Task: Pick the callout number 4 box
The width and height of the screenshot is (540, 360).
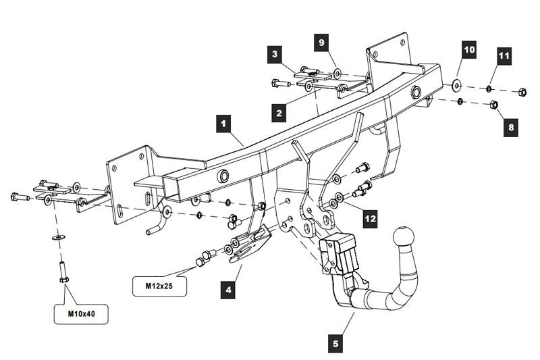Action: coord(229,290)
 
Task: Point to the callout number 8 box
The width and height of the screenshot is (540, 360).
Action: coord(510,126)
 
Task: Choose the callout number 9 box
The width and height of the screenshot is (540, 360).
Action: coord(322,43)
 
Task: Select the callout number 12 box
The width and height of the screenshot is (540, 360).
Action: coord(369,218)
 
